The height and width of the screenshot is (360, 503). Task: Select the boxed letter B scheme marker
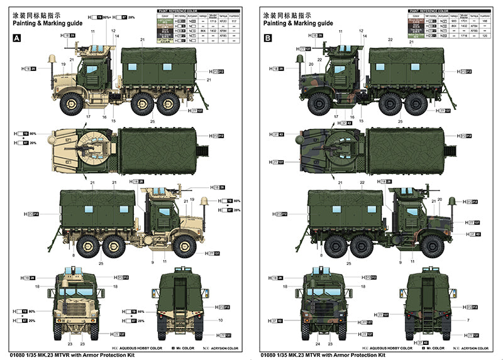[x=268, y=38]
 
